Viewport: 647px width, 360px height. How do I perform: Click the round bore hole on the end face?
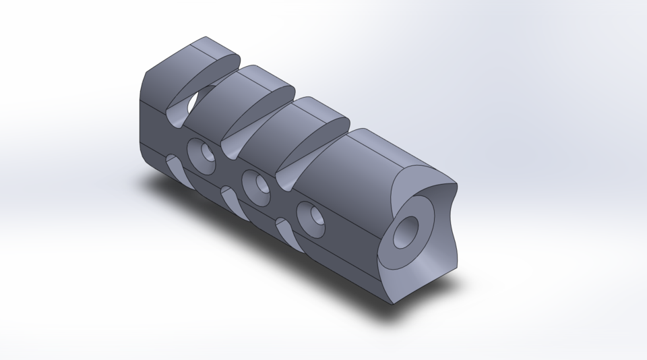click(408, 231)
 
